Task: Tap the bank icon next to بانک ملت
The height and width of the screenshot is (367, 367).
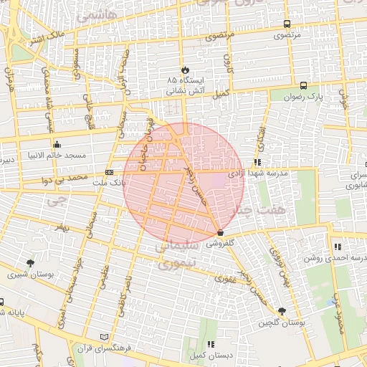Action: [109, 172]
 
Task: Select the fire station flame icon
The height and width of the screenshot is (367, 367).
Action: [186, 70]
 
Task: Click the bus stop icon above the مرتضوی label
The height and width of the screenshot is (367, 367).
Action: [287, 24]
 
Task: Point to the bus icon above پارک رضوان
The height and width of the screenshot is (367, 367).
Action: [304, 85]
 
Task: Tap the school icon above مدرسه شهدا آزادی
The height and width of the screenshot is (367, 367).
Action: [257, 163]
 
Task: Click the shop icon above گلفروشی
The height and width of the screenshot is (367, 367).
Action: [219, 233]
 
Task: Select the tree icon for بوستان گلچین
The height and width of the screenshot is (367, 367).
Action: [282, 312]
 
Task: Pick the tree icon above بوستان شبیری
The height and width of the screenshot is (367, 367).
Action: [29, 263]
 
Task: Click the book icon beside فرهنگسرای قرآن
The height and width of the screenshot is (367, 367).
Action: [105, 336]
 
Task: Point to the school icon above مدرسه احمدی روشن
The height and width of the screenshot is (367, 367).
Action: [337, 247]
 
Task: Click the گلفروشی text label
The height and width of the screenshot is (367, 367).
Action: [219, 244]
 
